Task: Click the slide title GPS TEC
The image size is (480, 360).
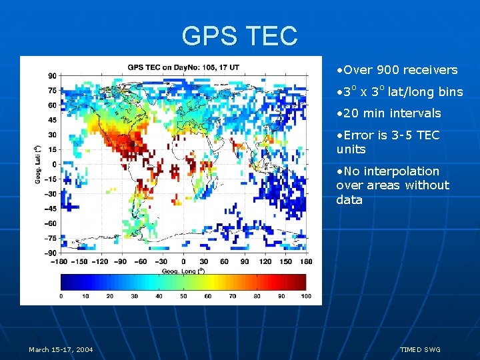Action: click(239, 35)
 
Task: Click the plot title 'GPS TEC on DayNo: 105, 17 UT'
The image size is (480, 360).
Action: click(184, 67)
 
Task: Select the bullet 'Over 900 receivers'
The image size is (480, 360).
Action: click(397, 70)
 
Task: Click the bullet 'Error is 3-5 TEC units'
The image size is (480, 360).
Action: click(388, 142)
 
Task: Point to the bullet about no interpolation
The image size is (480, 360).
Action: click(393, 185)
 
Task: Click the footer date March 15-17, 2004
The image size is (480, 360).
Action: click(61, 350)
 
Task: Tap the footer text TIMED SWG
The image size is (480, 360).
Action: click(420, 350)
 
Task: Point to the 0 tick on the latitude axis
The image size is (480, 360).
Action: click(55, 164)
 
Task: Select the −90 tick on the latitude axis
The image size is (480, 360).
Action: click(51, 253)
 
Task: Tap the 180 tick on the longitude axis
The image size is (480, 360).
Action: click(307, 262)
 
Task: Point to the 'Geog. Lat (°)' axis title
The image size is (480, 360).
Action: click(38, 164)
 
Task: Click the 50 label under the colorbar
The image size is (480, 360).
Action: click(184, 295)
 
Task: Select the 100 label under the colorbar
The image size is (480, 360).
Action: click(305, 295)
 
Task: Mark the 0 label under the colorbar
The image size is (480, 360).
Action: click(61, 295)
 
